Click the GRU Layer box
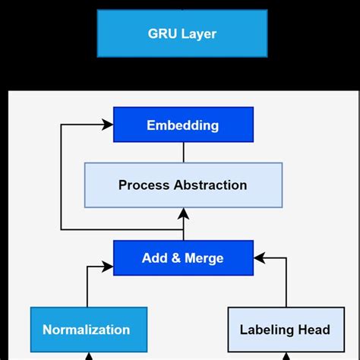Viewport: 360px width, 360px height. (182, 33)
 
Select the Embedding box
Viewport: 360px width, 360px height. (182, 125)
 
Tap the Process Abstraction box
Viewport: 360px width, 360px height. (182, 185)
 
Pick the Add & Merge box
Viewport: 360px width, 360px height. (182, 258)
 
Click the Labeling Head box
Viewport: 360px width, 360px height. (285, 330)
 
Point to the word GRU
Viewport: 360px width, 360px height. (163, 33)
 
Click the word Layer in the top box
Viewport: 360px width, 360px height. (200, 34)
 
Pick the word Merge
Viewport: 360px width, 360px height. (203, 258)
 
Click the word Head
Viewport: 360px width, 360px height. (314, 330)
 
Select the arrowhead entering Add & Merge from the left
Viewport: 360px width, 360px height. (107, 267)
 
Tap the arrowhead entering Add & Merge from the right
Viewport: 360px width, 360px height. (259, 258)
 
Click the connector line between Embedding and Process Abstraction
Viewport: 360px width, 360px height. (183, 152)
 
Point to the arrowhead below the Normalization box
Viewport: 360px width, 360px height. (88, 356)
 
